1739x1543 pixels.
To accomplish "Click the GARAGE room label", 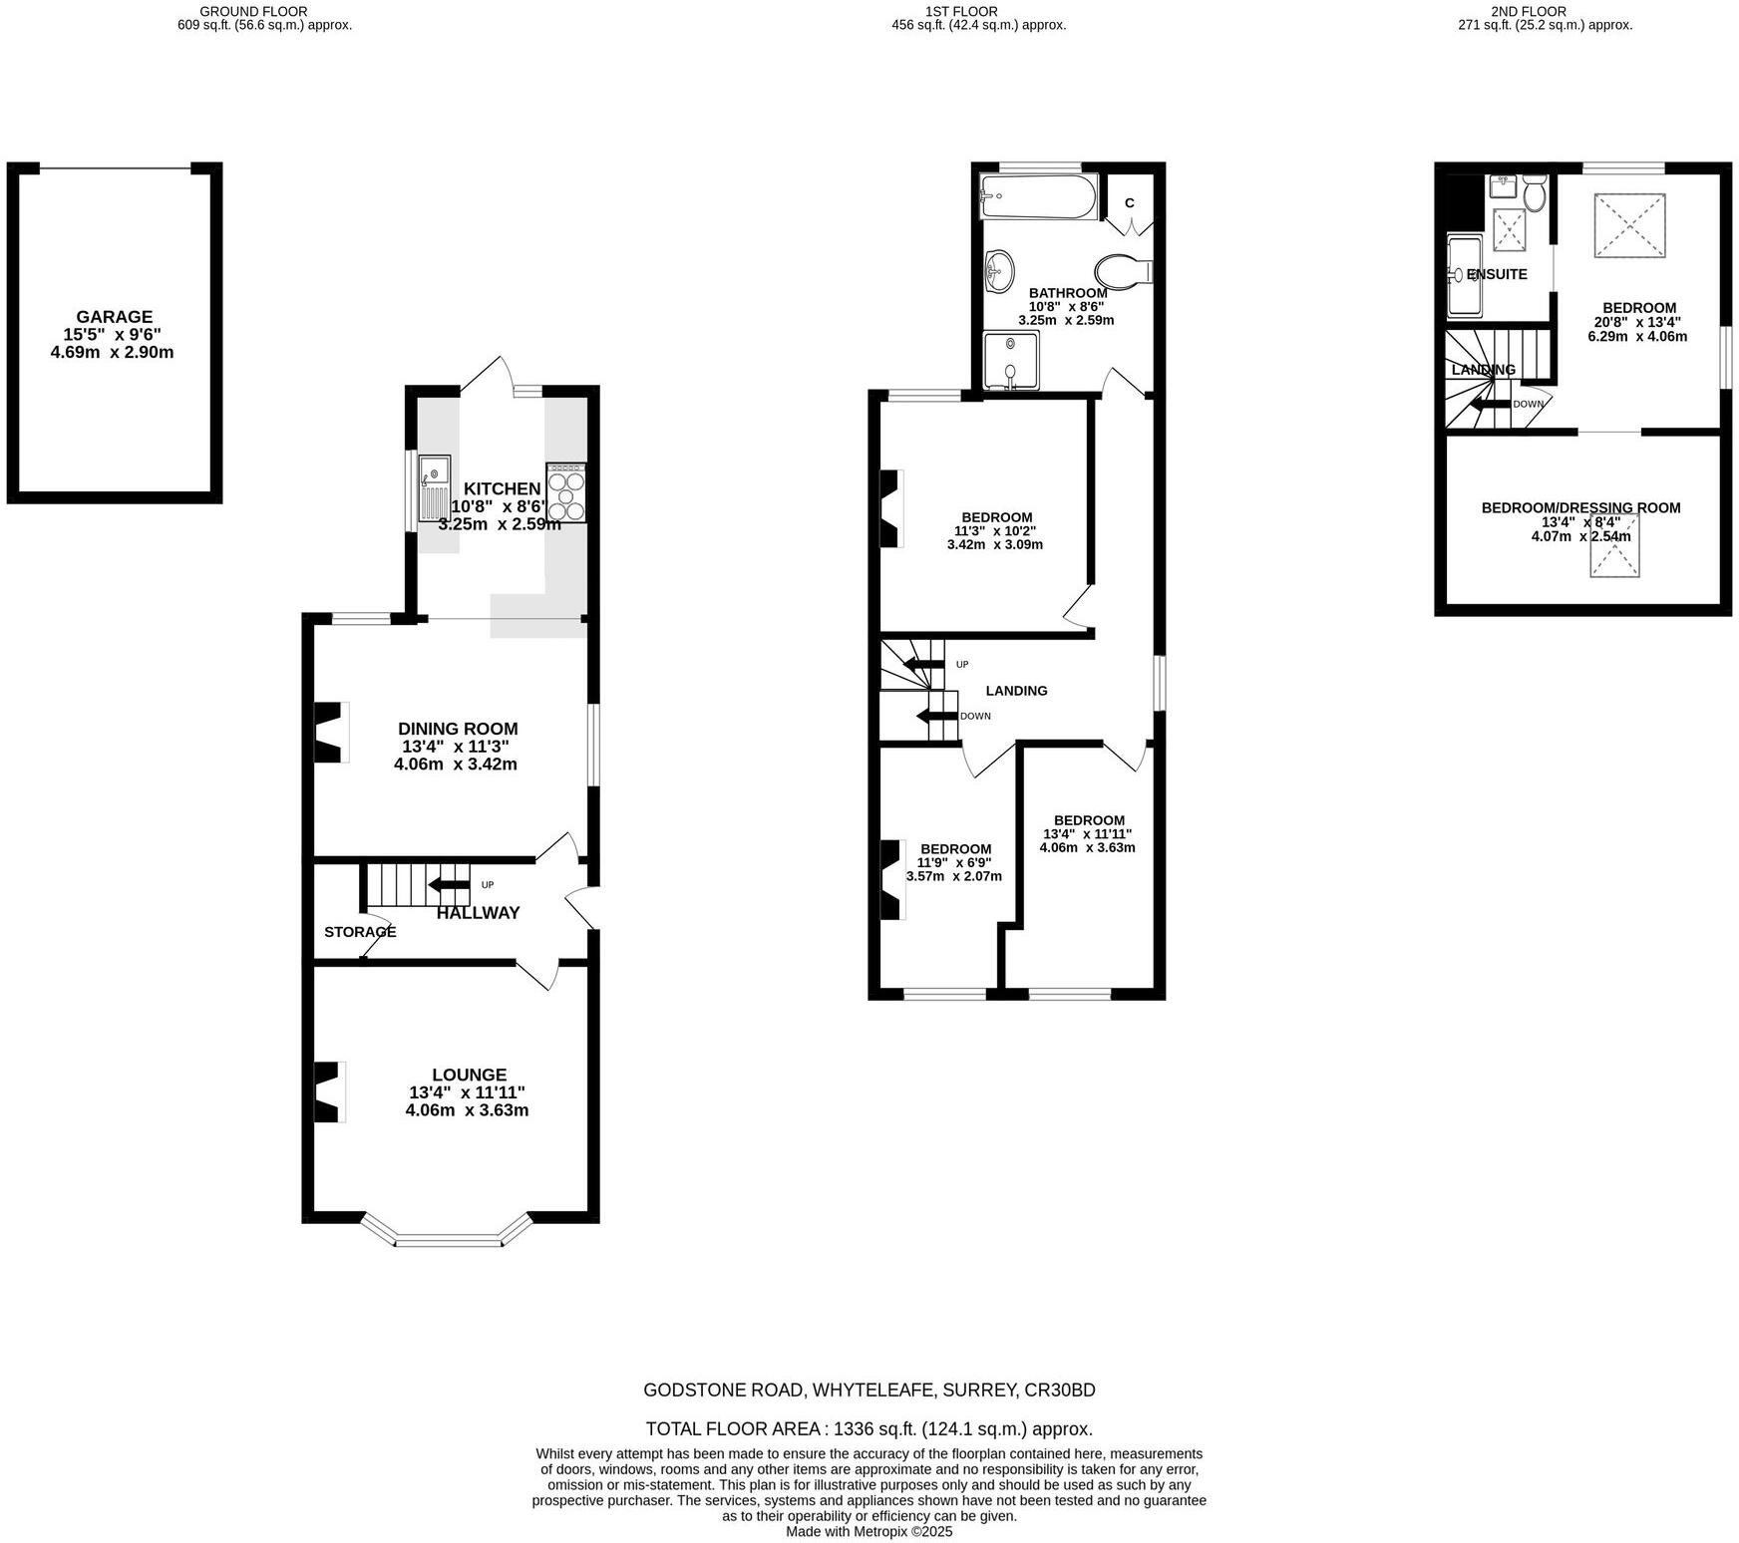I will pyautogui.click(x=114, y=317).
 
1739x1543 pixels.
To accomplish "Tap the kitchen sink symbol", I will pyautogui.click(x=435, y=488).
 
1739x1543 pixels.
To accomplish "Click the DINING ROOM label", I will pyautogui.click(x=458, y=729).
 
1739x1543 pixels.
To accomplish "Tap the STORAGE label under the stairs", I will pyautogui.click(x=360, y=932).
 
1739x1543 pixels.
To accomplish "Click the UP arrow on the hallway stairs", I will pyautogui.click(x=450, y=884).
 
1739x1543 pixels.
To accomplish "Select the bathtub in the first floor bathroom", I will pyautogui.click(x=1037, y=196).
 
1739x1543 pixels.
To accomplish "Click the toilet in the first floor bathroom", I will pyautogui.click(x=1121, y=271).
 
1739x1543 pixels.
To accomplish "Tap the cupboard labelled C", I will pyautogui.click(x=1130, y=203).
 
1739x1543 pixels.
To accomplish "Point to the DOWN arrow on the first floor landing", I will pyautogui.click(x=937, y=716).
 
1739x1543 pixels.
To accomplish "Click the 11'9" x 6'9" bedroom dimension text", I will pyautogui.click(x=954, y=863).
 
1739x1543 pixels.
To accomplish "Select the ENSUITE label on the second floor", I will pyautogui.click(x=1497, y=274).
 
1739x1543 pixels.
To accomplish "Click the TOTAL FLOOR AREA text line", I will pyautogui.click(x=869, y=1428).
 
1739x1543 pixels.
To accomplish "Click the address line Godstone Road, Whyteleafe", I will pyautogui.click(x=869, y=1389).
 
